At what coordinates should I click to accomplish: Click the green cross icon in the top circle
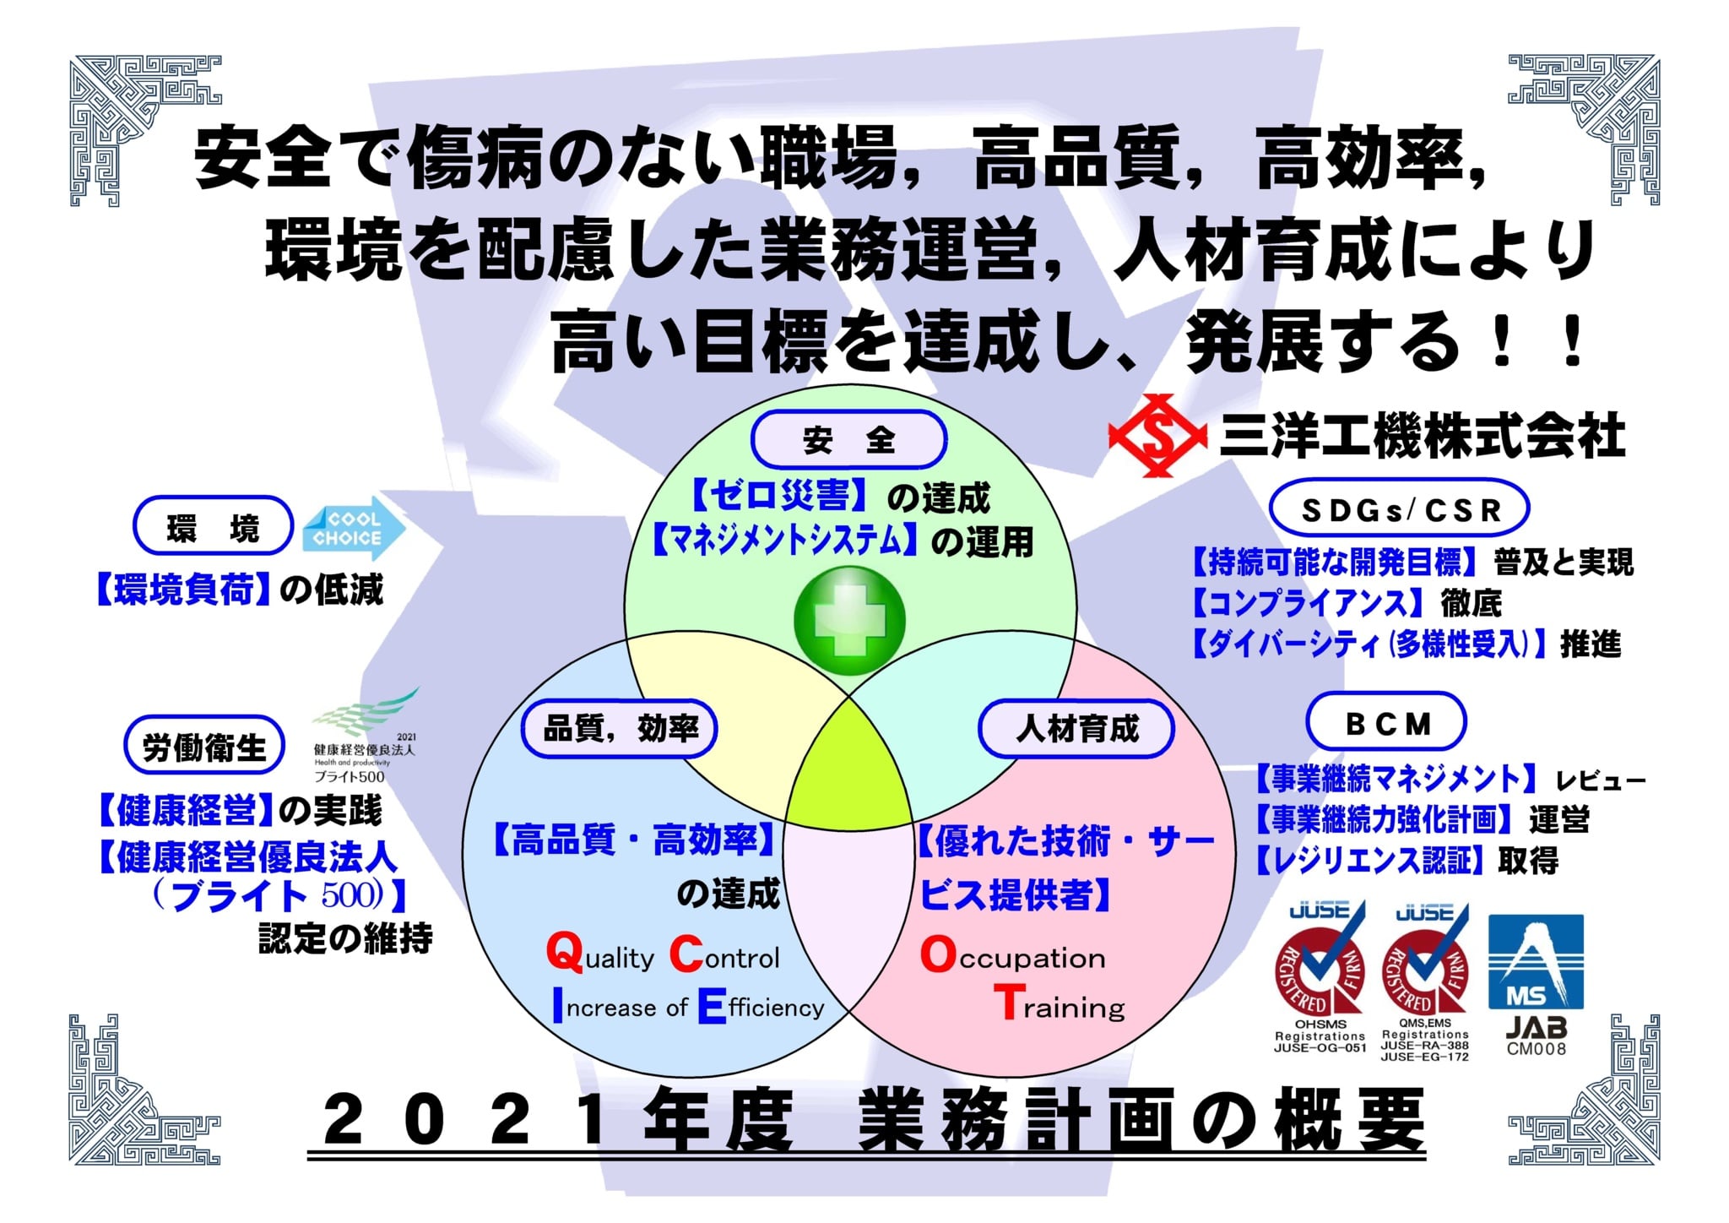(849, 621)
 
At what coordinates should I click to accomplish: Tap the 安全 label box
(848, 439)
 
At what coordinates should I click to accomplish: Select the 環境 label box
(213, 526)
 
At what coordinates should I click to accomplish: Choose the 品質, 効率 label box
(619, 729)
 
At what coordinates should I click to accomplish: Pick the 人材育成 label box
(1076, 729)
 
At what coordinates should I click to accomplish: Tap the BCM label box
(1386, 722)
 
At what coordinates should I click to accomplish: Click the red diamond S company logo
(1158, 436)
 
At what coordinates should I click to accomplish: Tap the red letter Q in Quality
(565, 954)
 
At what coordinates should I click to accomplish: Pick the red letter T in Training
(1009, 1003)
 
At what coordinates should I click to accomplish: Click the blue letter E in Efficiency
(712, 1006)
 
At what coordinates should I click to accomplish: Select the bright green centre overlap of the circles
(849, 764)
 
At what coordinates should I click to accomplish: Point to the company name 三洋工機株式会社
(1423, 436)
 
